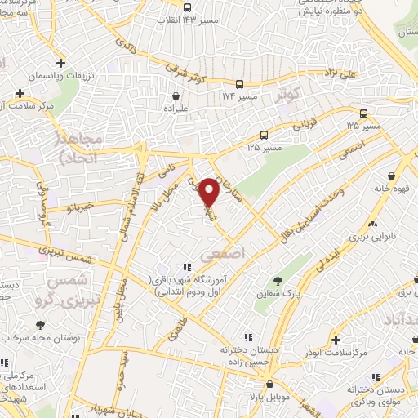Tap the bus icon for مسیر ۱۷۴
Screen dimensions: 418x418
[239, 84]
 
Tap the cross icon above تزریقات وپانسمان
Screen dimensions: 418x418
[61, 63]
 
